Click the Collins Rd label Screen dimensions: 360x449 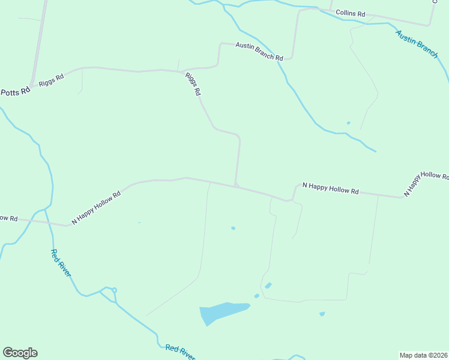[x=351, y=13]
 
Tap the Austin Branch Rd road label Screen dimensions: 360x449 [x=259, y=52]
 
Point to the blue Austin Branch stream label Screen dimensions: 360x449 [x=417, y=44]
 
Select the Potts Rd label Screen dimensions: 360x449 [x=15, y=92]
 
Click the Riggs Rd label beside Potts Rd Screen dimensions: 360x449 [x=51, y=80]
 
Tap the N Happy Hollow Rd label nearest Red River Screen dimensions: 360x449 [x=96, y=208]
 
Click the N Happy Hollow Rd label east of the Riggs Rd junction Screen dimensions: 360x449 [x=330, y=188]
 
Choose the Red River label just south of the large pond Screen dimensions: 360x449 [x=181, y=352]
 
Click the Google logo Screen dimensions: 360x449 [x=20, y=353]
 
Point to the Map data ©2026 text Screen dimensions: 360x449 [x=423, y=355]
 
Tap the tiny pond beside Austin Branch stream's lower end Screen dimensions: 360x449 [x=348, y=124]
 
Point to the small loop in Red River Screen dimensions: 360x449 [x=113, y=290]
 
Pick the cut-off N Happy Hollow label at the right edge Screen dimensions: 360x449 [x=427, y=184]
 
